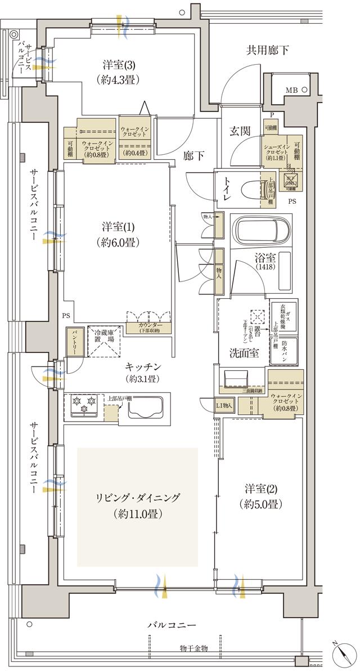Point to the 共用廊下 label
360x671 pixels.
click(x=267, y=50)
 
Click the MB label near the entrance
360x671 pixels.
click(x=291, y=90)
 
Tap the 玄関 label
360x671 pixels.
click(x=240, y=131)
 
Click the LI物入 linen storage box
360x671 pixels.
click(x=224, y=406)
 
